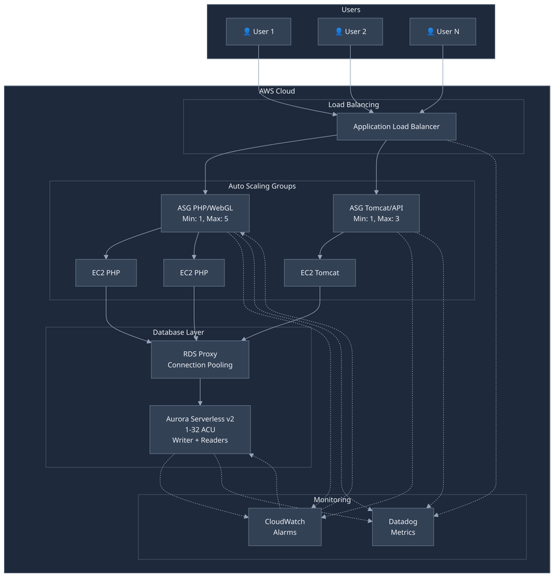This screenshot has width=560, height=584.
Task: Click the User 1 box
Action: coord(259,31)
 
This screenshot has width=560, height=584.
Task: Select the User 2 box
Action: coord(350,31)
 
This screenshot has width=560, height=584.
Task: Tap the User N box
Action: coord(442,31)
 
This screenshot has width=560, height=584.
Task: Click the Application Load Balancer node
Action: coord(396,126)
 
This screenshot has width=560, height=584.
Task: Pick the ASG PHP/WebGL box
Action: coord(205,213)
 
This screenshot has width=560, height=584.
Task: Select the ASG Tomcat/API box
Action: coord(376,213)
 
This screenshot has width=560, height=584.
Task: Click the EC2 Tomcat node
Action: coord(320,273)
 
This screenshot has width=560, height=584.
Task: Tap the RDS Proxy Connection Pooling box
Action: coord(199,359)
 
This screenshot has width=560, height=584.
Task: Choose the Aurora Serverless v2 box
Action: coord(199,429)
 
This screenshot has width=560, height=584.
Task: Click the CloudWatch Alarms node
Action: coord(285,527)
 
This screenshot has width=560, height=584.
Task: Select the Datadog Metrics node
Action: coord(402,527)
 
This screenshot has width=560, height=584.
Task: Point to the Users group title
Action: coord(351,10)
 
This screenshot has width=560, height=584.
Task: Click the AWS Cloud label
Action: coord(277,91)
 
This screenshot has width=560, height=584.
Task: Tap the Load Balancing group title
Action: coord(353,105)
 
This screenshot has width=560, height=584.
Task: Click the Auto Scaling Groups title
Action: coord(262,186)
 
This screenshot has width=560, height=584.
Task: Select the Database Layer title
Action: coord(178,332)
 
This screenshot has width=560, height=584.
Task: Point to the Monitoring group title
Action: coord(332,499)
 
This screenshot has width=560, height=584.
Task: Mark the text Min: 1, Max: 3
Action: coord(376,219)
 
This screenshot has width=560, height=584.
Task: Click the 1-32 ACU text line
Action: coord(199,429)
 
